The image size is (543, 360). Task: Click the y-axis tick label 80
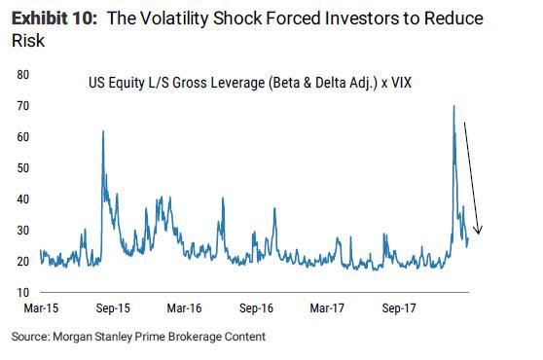(x=23, y=75)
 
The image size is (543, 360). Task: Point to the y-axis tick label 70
(x=23, y=106)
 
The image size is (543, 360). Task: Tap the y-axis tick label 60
(x=23, y=137)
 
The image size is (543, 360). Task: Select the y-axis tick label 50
(x=23, y=168)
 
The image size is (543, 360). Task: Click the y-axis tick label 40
(x=23, y=199)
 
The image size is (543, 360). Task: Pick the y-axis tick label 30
(x=23, y=231)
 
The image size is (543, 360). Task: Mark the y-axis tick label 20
(x=23, y=262)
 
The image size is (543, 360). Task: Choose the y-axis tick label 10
(x=23, y=293)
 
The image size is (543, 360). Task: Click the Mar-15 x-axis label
(x=41, y=308)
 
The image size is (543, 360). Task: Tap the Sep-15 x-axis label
(x=113, y=308)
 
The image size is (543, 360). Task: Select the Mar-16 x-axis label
(x=184, y=308)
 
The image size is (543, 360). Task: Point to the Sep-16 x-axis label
(x=256, y=308)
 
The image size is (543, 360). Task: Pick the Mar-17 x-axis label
(x=327, y=308)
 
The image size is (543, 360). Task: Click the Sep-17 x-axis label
(x=399, y=308)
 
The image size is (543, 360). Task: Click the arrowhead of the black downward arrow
(x=479, y=231)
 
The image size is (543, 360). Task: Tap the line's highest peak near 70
(x=453, y=106)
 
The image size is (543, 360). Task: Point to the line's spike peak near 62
(x=103, y=130)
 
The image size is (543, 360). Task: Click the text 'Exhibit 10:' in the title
(x=54, y=18)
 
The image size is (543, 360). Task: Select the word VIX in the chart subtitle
(x=401, y=83)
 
